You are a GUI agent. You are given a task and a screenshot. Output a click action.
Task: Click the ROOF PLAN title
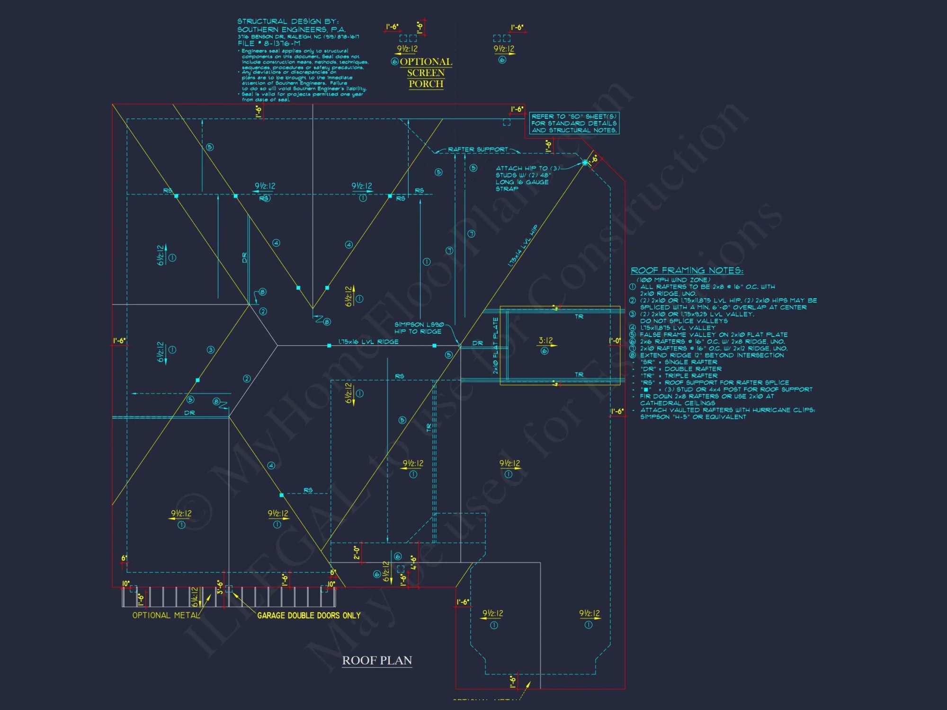point(377,660)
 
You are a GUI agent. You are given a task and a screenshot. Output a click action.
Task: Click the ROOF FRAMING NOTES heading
point(687,270)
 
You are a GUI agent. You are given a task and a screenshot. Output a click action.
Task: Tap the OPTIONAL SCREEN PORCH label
point(426,73)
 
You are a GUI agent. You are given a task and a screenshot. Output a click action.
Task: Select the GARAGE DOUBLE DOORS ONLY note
point(309,615)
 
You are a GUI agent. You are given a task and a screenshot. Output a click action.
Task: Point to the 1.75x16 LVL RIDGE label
point(368,342)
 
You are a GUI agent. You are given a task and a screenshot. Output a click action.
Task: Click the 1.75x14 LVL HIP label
point(523,246)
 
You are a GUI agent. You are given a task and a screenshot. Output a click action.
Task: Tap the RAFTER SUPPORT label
point(478,150)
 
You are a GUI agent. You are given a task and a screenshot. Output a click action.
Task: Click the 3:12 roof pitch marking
point(545,341)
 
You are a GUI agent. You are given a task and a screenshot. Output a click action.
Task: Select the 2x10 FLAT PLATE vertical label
point(496,346)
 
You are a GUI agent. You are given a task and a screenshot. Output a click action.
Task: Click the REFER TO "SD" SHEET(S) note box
point(574,123)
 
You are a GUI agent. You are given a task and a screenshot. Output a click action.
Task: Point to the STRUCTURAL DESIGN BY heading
point(288,21)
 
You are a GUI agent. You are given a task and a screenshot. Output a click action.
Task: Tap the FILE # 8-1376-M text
point(268,43)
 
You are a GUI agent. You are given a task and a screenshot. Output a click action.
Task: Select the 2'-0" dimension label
point(357,552)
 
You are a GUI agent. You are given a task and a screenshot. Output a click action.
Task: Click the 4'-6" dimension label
point(413,562)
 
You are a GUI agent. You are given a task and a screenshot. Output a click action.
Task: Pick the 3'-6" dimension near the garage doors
point(220,587)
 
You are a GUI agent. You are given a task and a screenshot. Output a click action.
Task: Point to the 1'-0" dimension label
point(615,341)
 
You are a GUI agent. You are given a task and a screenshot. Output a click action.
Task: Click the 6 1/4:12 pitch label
point(195,596)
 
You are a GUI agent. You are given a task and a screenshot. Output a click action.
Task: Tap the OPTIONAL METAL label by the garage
point(166,615)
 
